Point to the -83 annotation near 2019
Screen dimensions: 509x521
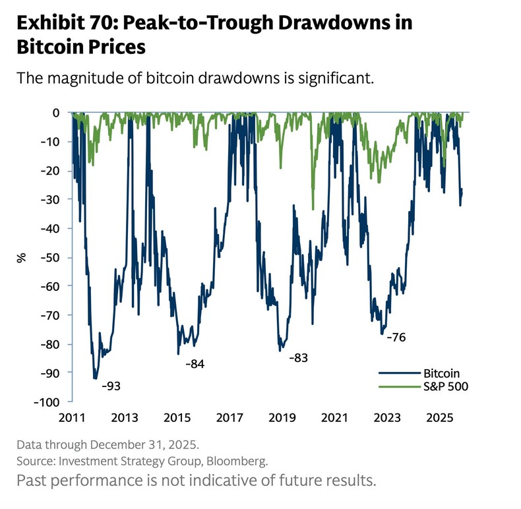click(x=298, y=358)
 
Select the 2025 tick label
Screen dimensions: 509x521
click(x=439, y=417)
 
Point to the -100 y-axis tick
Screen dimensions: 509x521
click(x=51, y=402)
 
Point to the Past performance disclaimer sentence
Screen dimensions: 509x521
click(x=197, y=479)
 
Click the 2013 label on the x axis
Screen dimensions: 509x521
click(x=124, y=417)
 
